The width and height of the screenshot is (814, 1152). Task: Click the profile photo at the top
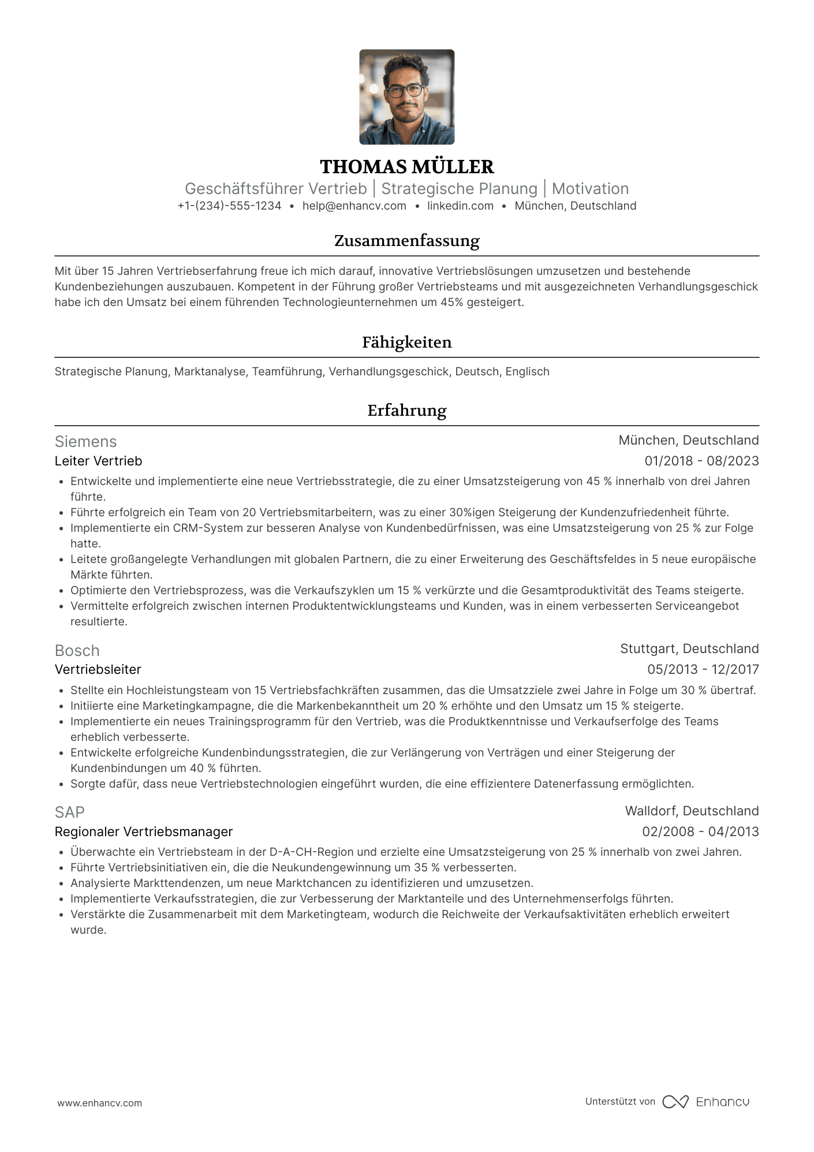[406, 97]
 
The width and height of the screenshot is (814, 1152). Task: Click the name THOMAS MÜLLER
[406, 167]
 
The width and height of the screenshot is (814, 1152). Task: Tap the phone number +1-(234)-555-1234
[229, 206]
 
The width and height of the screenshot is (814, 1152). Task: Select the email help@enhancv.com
[354, 206]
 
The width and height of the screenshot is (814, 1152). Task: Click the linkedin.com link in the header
[460, 206]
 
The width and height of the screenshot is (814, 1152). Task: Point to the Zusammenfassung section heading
[406, 241]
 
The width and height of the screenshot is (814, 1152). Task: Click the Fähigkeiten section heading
[406, 342]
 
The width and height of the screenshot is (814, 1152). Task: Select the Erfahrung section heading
[406, 411]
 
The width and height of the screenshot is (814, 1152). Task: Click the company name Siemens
[85, 442]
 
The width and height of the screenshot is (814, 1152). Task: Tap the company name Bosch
[77, 651]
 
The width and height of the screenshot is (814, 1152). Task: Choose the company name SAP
[69, 812]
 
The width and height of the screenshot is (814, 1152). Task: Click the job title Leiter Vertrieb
[98, 461]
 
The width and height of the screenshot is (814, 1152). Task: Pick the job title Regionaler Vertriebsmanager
[143, 832]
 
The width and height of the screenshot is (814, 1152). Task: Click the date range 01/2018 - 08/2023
[701, 461]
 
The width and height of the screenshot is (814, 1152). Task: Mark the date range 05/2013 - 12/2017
[703, 670]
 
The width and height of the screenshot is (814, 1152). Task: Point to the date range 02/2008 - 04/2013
[700, 832]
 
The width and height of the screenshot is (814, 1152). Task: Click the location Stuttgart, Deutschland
[689, 649]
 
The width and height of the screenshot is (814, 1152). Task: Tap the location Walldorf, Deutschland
[692, 811]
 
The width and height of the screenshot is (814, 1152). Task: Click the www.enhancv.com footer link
[99, 1103]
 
